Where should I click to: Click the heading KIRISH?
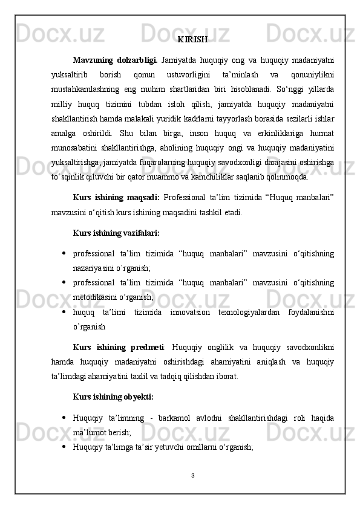(x=193, y=40)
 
